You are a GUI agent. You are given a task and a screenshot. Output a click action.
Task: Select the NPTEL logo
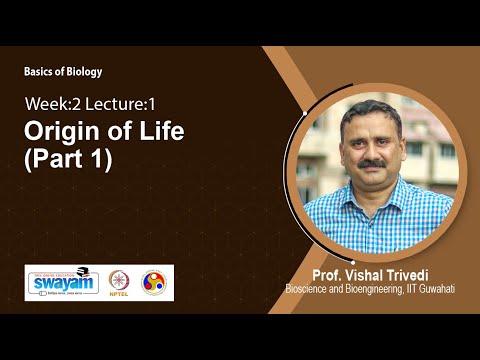pyautogui.click(x=118, y=282)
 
